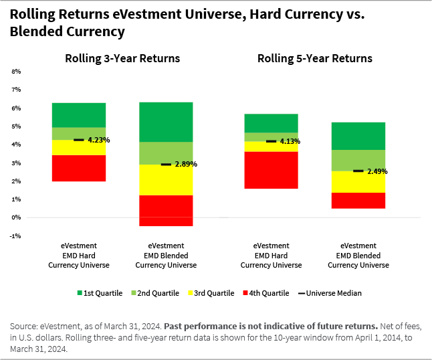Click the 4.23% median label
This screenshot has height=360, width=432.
click(x=98, y=141)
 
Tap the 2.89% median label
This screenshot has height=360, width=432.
click(x=186, y=164)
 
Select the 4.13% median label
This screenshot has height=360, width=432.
click(x=289, y=141)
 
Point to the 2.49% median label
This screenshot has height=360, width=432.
click(x=376, y=171)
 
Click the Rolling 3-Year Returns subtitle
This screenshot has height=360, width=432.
click(x=122, y=59)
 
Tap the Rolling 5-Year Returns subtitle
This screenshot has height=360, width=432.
click(x=315, y=59)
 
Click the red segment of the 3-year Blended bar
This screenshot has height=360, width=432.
click(x=165, y=211)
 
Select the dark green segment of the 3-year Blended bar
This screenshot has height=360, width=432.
click(x=165, y=122)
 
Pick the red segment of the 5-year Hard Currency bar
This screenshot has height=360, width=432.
click(x=271, y=170)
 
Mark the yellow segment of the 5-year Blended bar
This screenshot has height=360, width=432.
click(x=358, y=181)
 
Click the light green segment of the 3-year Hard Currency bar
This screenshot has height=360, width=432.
click(x=79, y=133)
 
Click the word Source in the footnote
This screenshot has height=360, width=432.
click(x=24, y=325)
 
